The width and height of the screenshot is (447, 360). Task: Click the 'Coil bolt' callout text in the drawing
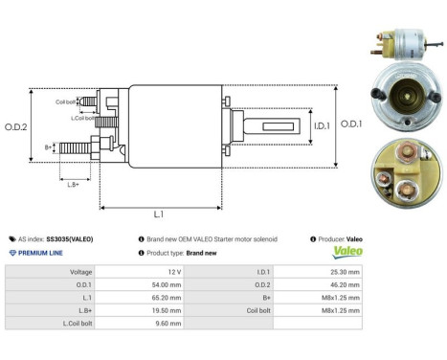pos(66,101)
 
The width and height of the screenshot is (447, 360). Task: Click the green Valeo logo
pos(346,253)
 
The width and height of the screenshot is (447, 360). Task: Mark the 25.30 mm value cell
pos(346,272)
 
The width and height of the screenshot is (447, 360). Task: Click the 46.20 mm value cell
pos(346,284)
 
